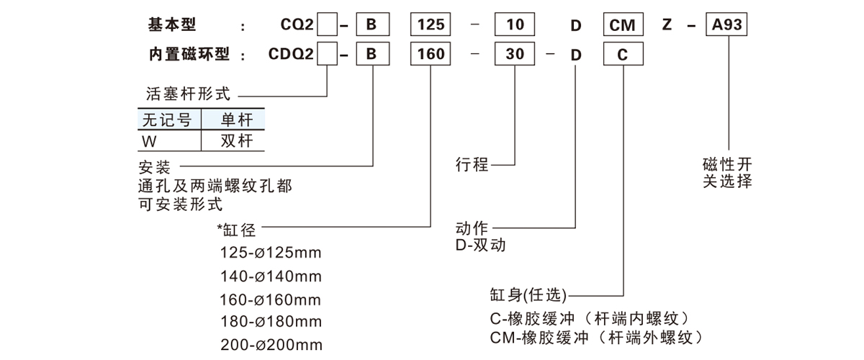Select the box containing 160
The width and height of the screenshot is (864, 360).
tap(430, 55)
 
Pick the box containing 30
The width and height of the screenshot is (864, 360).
tap(513, 55)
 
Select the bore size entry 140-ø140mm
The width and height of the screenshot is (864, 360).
tap(271, 276)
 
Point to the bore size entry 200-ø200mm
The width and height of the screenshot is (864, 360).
tap(271, 344)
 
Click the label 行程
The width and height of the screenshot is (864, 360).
tap(472, 166)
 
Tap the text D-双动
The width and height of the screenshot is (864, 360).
tap(481, 246)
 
